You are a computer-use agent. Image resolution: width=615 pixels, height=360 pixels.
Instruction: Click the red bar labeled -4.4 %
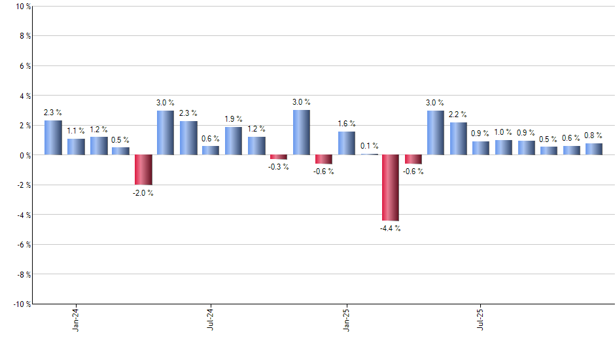tap(391, 188)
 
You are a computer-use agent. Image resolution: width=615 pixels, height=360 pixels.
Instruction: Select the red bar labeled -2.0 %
tap(143, 170)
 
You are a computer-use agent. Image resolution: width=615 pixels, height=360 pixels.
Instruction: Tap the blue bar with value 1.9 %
tap(234, 141)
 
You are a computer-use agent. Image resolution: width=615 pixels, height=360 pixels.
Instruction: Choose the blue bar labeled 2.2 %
tap(458, 139)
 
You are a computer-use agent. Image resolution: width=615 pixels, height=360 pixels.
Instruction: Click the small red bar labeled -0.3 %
tap(279, 157)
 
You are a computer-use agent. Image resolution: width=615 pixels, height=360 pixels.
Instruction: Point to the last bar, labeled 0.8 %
tap(593, 149)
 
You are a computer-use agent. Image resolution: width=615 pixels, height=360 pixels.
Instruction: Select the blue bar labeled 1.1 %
tap(76, 147)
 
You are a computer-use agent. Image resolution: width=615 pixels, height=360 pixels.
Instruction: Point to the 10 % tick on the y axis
tap(22, 7)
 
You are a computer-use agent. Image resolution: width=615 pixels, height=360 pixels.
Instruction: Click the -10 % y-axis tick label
tap(21, 304)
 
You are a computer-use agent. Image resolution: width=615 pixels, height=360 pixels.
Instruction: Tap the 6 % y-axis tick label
tap(24, 66)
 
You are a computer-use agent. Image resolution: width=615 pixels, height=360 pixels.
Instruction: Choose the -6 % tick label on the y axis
tap(23, 244)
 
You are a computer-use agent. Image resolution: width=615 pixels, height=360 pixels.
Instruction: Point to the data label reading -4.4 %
tap(391, 228)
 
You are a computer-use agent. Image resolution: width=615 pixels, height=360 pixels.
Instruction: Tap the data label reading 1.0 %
tap(504, 133)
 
